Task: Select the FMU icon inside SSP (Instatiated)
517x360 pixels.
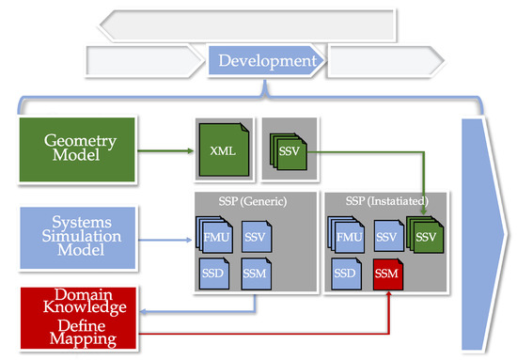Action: point(349,238)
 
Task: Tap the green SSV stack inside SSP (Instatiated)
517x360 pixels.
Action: point(425,236)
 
